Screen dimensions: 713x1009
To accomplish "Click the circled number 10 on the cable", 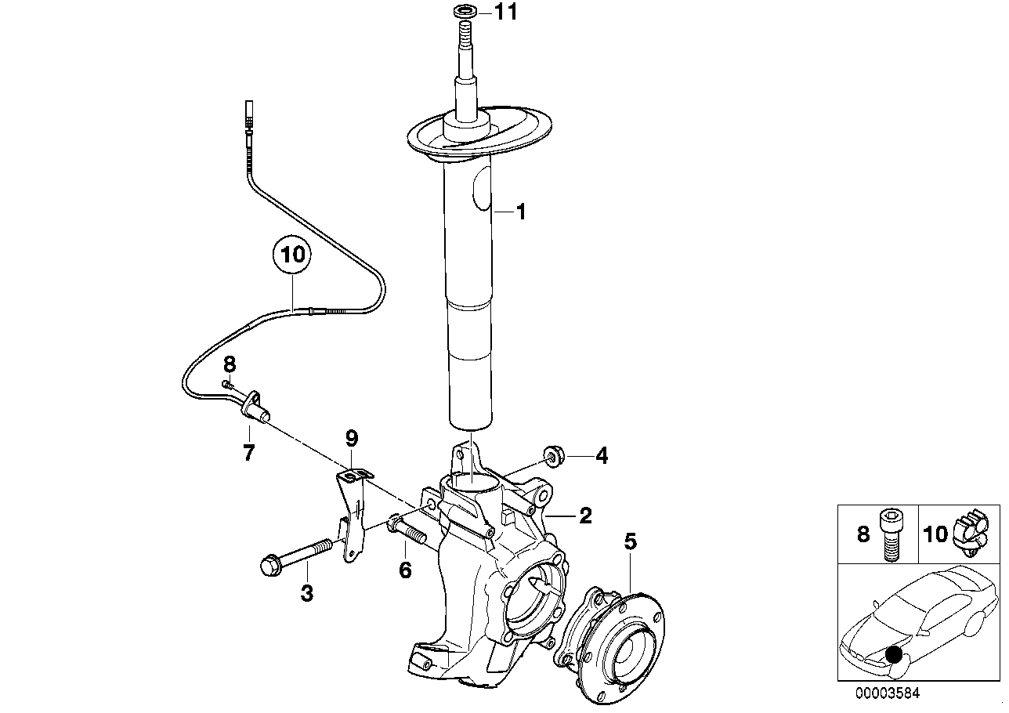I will pos(291,255).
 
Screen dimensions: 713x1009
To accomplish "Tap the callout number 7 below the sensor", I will pos(248,452).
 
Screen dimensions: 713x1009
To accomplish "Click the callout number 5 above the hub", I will pos(631,541).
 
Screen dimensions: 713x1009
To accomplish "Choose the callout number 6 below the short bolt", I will pos(405,570).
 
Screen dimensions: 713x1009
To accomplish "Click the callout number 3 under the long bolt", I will pos(306,593).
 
